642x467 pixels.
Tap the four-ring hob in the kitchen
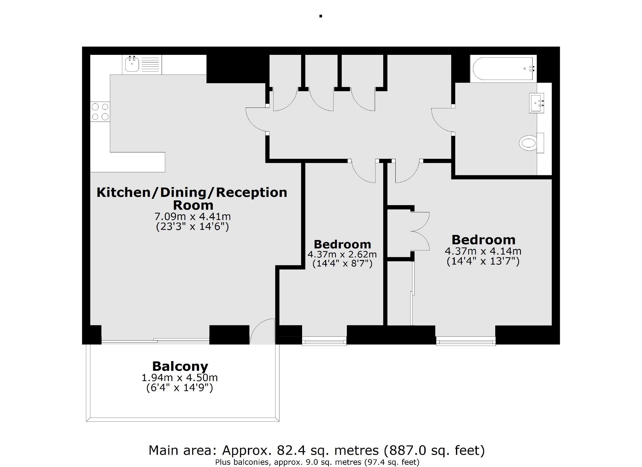coord(100,112)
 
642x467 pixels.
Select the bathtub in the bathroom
coord(503,68)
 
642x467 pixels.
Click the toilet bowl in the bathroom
coord(528,143)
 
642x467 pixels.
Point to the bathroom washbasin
coord(536,103)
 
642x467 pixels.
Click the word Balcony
coord(180,366)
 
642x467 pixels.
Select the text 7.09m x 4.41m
coord(192,217)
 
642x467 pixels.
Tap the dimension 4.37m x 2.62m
coord(342,254)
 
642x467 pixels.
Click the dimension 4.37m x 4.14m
coord(483,251)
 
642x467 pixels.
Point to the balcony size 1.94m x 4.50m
coord(179,378)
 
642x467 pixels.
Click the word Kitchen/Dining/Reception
coord(192,192)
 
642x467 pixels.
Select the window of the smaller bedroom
coord(324,342)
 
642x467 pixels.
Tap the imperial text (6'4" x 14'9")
coord(179,388)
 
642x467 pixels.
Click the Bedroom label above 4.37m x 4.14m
coord(483,240)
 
